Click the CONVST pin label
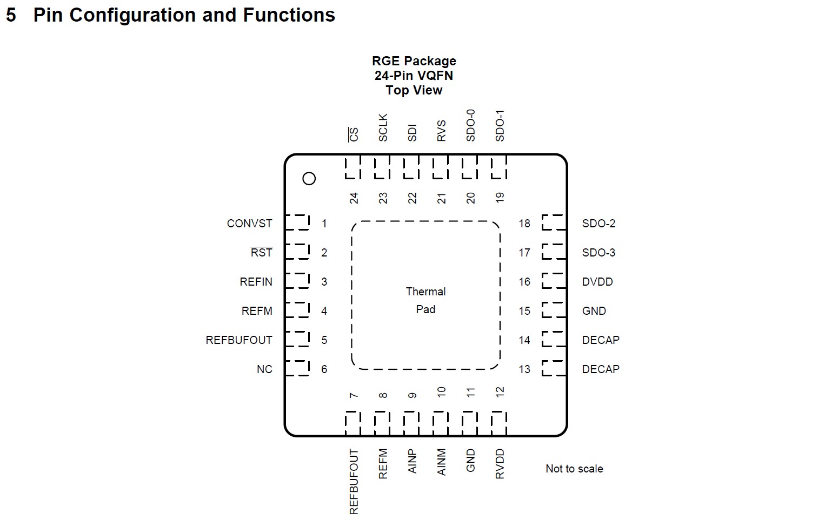point(249,224)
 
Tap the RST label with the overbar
point(261,253)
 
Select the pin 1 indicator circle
point(309,179)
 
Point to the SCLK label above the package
point(383,128)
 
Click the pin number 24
point(354,198)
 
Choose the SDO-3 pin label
point(598,253)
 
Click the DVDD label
point(597,282)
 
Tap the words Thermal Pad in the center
point(426,300)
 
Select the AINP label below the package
point(412,462)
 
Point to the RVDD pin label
point(500,464)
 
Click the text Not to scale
point(574,469)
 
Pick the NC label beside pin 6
point(264,369)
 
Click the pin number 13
point(524,369)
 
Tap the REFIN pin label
point(256,282)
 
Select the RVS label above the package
point(441,131)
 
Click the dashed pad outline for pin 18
point(553,222)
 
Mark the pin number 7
point(354,396)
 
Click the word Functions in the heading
point(289,15)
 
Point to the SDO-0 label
point(470,125)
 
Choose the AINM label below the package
point(441,462)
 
